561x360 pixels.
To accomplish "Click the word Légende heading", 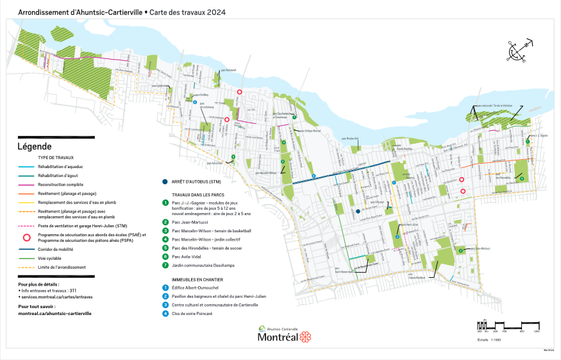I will [33, 147].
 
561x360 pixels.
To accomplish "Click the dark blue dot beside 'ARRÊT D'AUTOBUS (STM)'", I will [166, 182].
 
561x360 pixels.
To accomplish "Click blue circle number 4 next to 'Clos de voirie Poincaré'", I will [165, 314].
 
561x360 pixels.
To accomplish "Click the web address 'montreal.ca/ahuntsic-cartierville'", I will [54, 313].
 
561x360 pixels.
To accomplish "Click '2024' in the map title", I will [217, 12].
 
